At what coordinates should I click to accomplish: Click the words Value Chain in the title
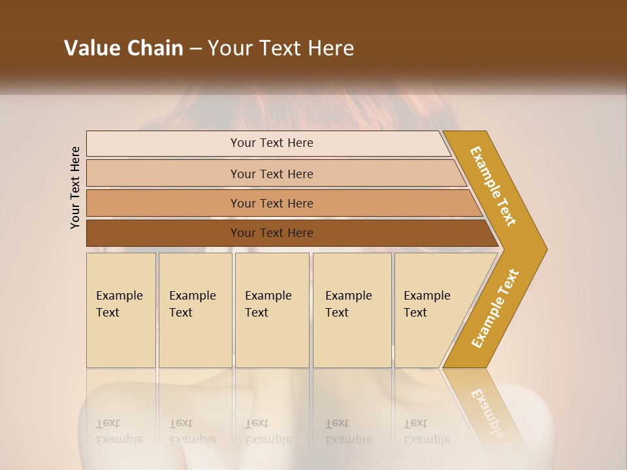pos(123,48)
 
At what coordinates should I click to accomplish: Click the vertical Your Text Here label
pos(75,187)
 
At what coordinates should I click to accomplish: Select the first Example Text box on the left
pos(121,310)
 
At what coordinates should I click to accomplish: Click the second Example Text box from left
pos(195,310)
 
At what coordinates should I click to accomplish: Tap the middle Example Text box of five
pos(272,310)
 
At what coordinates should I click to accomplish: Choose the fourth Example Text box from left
pos(351,310)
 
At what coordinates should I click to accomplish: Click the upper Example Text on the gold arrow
pos(493,186)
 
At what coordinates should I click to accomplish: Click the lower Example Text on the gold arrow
pos(495,308)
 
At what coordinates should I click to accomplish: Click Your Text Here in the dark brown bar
pos(272,233)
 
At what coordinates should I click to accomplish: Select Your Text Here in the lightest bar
pos(272,143)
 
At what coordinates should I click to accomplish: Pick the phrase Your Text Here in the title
pos(281,48)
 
